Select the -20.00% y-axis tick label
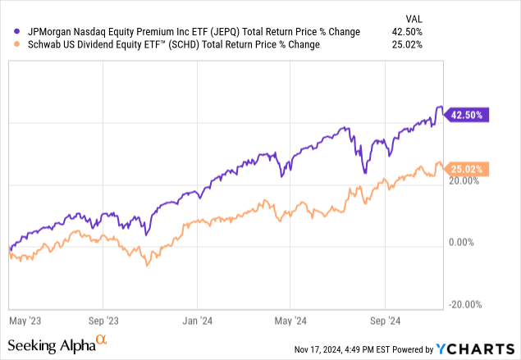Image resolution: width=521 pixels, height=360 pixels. [464, 304]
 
